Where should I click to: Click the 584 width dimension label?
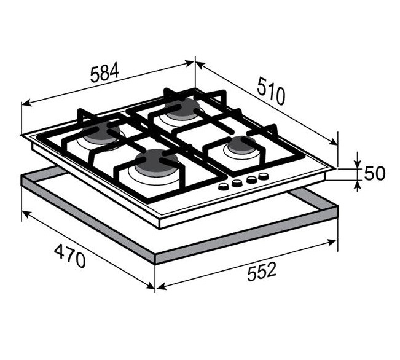[105, 73]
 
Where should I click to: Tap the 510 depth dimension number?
[271, 91]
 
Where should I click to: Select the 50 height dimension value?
[374, 173]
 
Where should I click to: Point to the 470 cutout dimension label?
[70, 256]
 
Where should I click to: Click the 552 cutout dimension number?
[262, 272]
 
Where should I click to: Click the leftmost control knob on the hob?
[224, 187]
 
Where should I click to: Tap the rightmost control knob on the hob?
[263, 176]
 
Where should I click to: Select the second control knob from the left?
[237, 183]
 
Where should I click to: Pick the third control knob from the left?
[251, 179]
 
